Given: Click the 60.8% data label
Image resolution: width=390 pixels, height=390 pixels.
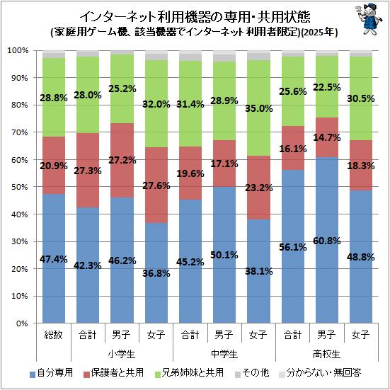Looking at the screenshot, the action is click(326, 241).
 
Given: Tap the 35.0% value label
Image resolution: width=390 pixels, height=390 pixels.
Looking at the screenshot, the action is click(258, 108).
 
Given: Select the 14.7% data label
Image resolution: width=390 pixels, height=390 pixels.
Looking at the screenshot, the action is click(326, 137).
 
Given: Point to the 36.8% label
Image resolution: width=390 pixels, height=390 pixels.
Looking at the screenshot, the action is click(156, 273).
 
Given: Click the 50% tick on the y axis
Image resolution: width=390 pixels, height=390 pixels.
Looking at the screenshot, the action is click(19, 187).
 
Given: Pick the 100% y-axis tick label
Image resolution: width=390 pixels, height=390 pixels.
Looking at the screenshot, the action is click(18, 50).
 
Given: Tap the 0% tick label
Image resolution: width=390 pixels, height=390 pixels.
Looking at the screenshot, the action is click(22, 323).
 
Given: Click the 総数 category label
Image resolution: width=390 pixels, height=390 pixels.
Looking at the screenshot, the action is click(54, 335).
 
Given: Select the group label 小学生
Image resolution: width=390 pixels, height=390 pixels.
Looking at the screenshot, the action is click(122, 354).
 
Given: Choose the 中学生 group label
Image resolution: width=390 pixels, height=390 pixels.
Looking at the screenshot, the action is click(224, 354).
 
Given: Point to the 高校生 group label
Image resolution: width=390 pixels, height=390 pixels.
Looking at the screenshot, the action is click(326, 354).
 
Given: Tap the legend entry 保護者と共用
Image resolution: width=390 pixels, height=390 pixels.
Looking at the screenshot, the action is click(114, 373).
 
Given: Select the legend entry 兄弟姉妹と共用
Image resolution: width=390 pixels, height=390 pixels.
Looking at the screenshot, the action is click(189, 373).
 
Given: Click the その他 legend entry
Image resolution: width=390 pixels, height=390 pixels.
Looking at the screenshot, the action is click(252, 373).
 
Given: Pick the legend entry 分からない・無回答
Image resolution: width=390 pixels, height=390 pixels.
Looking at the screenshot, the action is click(320, 373).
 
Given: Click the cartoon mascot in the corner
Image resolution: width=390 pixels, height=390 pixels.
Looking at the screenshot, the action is click(368, 18).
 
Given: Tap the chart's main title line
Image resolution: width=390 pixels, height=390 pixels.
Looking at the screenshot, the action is click(195, 17).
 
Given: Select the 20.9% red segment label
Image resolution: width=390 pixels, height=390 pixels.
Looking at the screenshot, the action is click(54, 166).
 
